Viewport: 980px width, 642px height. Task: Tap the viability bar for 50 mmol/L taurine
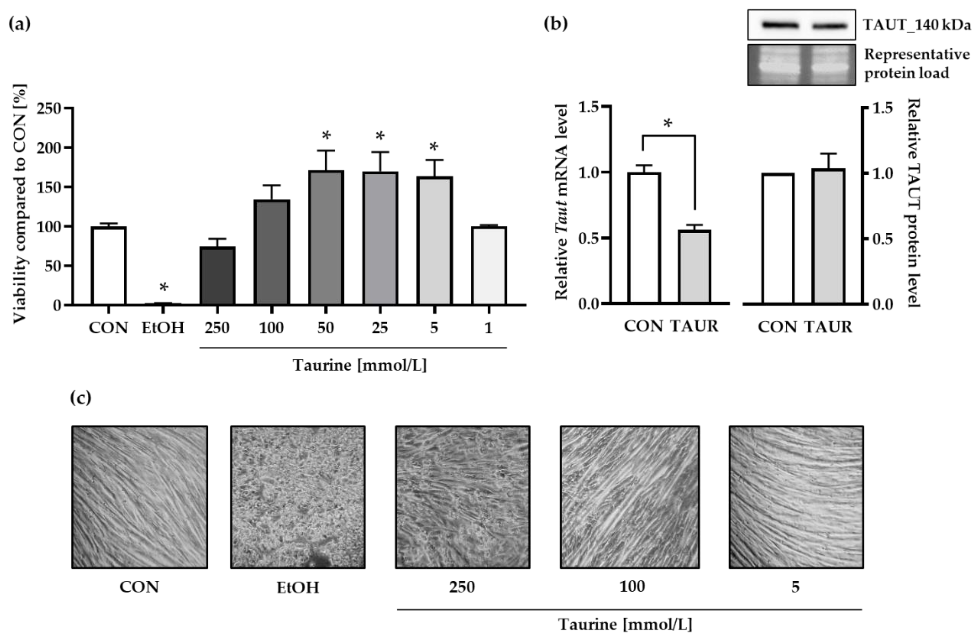pyautogui.click(x=326, y=238)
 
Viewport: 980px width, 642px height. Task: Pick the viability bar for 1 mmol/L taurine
pyautogui.click(x=489, y=266)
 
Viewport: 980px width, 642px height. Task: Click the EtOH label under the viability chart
pyautogui.click(x=163, y=328)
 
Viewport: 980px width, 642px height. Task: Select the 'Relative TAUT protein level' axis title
pyautogui.click(x=914, y=203)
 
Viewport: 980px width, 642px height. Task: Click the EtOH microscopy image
pyautogui.click(x=298, y=497)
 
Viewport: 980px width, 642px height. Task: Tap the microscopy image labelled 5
pyautogui.click(x=796, y=497)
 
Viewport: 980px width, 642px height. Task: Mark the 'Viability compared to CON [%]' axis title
pyautogui.click(x=20, y=204)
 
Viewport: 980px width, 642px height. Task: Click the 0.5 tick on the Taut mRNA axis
pyautogui.click(x=589, y=238)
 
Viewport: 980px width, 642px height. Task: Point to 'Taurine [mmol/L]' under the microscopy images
pyautogui.click(x=625, y=624)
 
